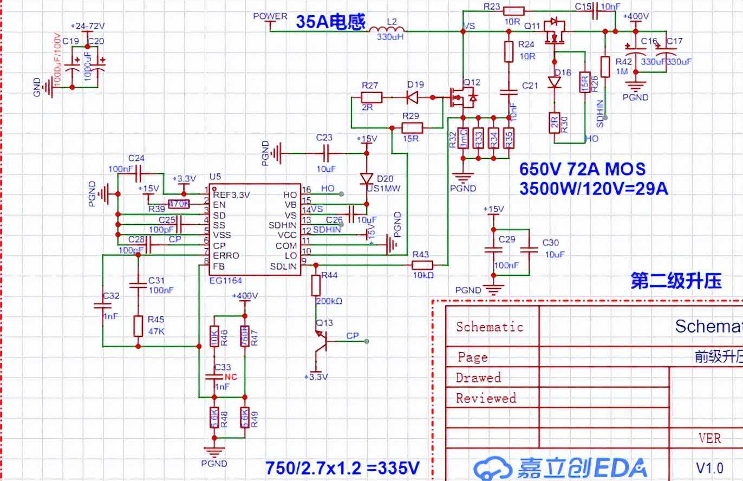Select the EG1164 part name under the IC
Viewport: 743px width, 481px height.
tap(225, 281)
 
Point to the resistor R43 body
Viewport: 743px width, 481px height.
tap(422, 265)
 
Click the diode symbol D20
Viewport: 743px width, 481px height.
tap(367, 179)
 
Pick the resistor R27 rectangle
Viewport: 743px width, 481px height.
tap(371, 97)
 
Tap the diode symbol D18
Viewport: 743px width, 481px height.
tap(554, 82)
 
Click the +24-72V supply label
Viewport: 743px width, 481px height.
tap(89, 26)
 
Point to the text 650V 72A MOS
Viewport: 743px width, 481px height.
tap(582, 169)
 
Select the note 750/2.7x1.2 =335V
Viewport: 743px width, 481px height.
tap(342, 467)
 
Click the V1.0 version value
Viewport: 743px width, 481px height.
tap(709, 467)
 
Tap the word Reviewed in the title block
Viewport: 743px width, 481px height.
tap(486, 398)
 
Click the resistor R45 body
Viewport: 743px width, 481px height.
tap(138, 326)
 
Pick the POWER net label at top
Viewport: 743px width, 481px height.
tap(270, 16)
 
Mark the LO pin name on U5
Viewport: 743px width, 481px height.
tap(291, 256)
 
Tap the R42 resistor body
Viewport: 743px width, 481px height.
tap(605, 64)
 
